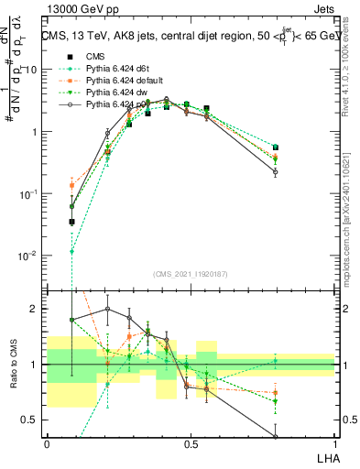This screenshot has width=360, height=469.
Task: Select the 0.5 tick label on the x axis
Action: pos(191,443)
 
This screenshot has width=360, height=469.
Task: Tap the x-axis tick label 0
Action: pos(47,443)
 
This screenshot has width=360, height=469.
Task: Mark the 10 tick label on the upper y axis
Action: pos(34,70)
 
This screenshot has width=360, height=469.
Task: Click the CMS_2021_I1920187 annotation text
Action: pos(191,273)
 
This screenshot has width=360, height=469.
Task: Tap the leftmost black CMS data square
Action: pos(72,222)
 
